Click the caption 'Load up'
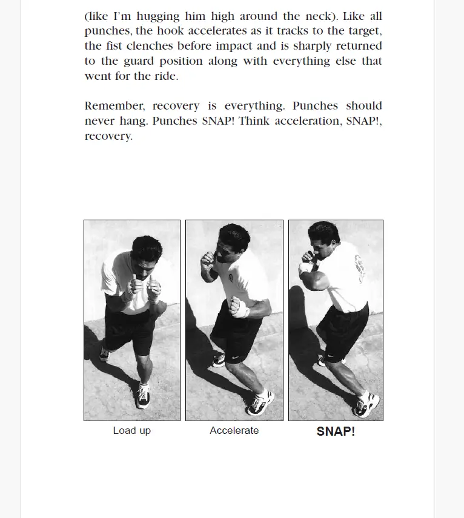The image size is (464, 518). [131, 431]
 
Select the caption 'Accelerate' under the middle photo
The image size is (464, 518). [234, 431]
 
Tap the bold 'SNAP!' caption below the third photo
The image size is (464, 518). [336, 431]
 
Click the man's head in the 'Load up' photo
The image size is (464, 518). [146, 249]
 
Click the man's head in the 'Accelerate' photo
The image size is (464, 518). [234, 238]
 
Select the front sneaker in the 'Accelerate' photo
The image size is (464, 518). [260, 402]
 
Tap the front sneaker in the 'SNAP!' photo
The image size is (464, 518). [366, 404]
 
